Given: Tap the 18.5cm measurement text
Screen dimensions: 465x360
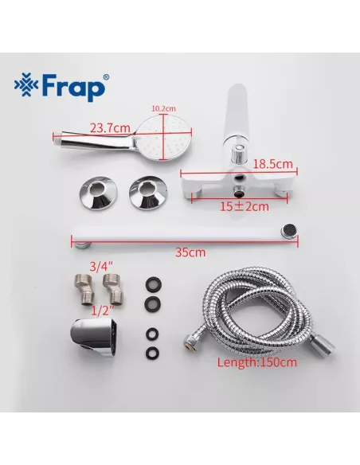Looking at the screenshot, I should (x=276, y=163).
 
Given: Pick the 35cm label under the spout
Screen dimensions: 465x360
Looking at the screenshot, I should (x=190, y=253).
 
